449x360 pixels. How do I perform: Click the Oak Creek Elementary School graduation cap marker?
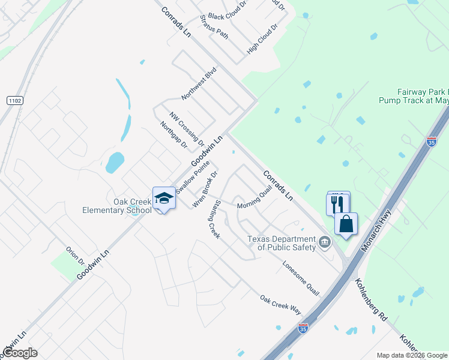[x=164, y=198]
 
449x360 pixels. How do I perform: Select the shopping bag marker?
[x=346, y=224]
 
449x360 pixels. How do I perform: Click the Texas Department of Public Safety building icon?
[x=325, y=242]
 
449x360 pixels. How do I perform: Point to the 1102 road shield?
[x=15, y=101]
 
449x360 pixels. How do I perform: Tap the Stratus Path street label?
[x=214, y=26]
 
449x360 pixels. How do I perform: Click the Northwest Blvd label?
[x=198, y=83]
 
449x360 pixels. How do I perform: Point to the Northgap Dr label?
[x=173, y=135]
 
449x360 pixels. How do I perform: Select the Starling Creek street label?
[x=214, y=220]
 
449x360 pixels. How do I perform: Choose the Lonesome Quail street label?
[x=301, y=278]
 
